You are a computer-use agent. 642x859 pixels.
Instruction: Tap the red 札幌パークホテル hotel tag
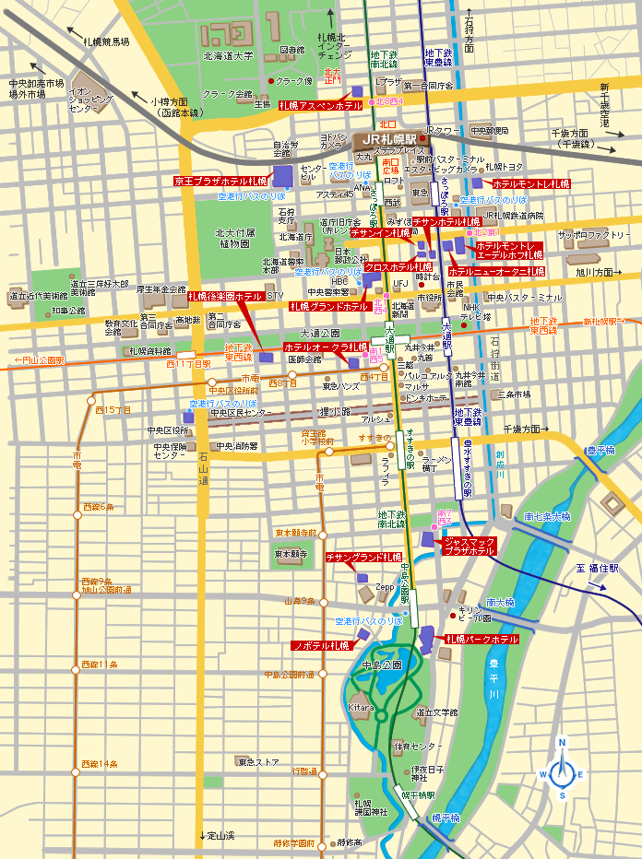click(481, 639)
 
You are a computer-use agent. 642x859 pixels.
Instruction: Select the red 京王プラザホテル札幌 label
click(220, 181)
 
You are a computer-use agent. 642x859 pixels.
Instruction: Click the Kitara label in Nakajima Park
click(361, 707)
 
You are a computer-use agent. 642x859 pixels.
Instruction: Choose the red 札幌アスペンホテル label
click(321, 106)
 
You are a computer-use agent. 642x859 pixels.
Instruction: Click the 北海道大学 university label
click(225, 56)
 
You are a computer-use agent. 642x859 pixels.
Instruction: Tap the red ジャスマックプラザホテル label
click(470, 546)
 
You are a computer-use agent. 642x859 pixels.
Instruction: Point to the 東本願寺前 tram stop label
click(295, 533)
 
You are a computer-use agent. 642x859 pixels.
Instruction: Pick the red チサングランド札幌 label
click(363, 558)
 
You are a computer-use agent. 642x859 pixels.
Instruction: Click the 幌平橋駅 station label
click(418, 794)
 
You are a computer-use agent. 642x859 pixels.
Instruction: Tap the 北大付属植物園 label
click(234, 238)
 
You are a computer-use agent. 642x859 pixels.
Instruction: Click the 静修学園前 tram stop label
click(280, 842)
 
